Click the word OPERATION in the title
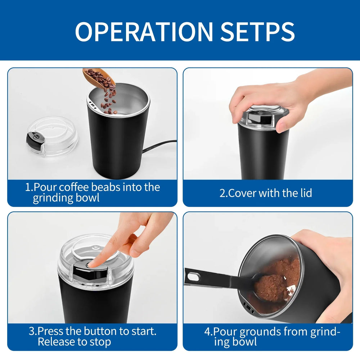pyautogui.click(x=144, y=32)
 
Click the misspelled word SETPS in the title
pyautogui.click(x=257, y=32)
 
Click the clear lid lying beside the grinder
pyautogui.click(x=52, y=137)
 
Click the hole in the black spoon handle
pyautogui.click(x=193, y=277)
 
